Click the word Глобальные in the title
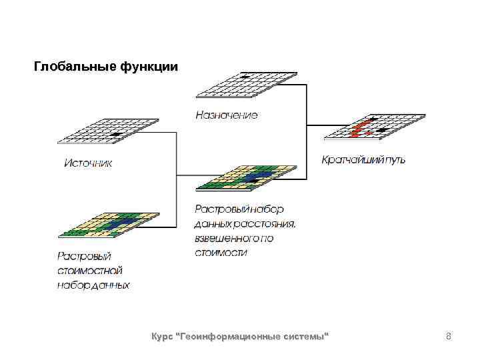tap(75, 67)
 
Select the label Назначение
tap(226, 115)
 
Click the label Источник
tap(88, 162)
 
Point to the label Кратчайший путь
tap(363, 160)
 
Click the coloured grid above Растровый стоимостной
tap(108, 225)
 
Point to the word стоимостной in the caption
tap(89, 271)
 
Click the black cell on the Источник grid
tap(117, 135)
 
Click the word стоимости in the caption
tap(221, 253)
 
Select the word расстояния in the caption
tap(261, 223)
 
